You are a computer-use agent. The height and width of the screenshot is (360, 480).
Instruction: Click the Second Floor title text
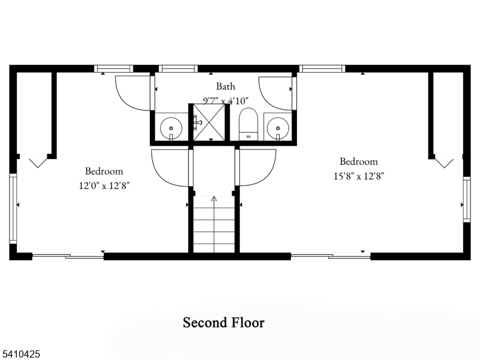click(223, 323)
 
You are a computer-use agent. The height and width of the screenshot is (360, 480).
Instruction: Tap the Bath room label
click(226, 87)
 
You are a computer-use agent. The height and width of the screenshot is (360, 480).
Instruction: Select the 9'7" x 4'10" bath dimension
click(226, 101)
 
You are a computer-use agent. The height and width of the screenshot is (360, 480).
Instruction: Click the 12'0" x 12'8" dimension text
click(104, 185)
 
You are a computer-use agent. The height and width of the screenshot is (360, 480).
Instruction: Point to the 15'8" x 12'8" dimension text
click(359, 176)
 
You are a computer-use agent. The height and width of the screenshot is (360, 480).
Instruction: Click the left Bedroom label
click(104, 172)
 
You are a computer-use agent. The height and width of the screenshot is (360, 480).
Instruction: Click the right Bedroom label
click(359, 161)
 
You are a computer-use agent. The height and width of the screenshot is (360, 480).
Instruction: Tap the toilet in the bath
click(248, 124)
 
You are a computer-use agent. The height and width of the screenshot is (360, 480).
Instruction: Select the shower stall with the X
click(208, 122)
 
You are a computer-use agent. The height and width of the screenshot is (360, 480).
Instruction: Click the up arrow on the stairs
click(214, 200)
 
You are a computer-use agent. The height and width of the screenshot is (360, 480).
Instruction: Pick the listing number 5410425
click(20, 355)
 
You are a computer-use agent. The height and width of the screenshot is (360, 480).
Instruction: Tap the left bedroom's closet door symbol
click(38, 161)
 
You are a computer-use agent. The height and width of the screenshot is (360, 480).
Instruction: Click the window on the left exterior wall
click(13, 208)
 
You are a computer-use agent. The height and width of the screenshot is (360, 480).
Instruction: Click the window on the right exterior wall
click(466, 200)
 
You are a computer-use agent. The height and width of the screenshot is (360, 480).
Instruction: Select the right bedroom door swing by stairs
click(257, 167)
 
